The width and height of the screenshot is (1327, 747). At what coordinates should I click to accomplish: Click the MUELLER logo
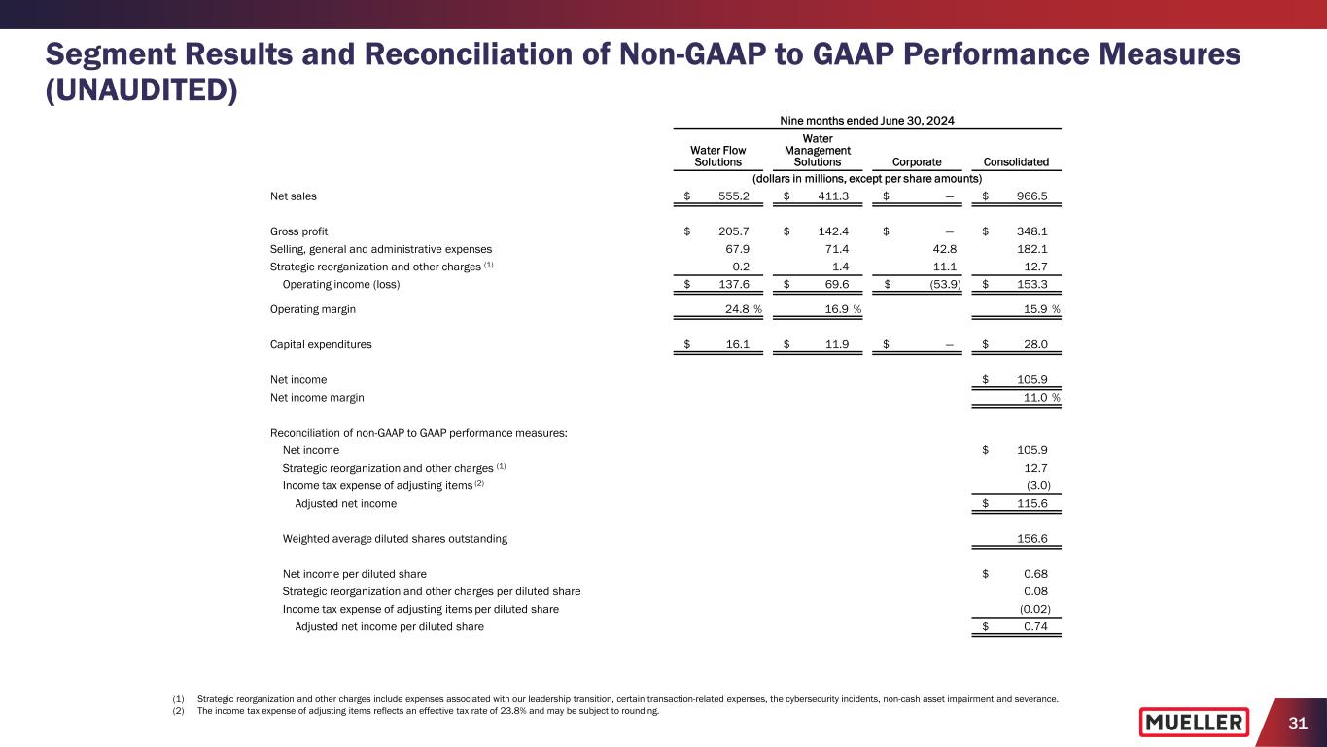1194,722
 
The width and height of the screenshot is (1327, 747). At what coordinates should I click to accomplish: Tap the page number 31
1295,722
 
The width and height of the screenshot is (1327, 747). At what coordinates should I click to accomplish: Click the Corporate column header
915,162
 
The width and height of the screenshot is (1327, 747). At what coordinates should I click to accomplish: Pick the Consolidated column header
1016,162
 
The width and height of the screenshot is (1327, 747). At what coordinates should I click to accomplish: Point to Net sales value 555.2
730,196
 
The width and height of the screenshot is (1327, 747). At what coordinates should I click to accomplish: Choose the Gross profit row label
298,231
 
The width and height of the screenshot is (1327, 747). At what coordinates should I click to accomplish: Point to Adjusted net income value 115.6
1030,503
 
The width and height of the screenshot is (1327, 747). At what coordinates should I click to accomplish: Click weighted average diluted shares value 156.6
1030,538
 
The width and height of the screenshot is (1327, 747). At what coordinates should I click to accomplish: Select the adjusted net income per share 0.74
1035,626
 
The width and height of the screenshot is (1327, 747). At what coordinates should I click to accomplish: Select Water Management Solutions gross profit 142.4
829,231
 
